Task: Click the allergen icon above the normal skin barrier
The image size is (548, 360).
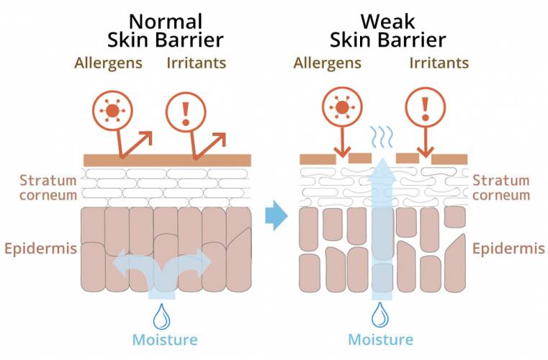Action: [112, 111]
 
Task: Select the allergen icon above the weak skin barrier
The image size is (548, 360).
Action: [342, 107]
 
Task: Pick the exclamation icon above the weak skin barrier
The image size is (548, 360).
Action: [426, 107]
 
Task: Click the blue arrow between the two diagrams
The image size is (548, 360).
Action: [276, 216]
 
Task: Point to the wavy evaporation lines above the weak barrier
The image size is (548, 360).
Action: [382, 137]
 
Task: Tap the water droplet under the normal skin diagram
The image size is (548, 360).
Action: [162, 317]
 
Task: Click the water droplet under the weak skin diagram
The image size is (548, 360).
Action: [379, 315]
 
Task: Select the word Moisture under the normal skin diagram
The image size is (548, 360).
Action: [165, 340]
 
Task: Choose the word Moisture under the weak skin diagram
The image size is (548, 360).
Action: [381, 339]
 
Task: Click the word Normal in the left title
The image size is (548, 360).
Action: [166, 22]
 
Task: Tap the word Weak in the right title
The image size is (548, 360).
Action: [387, 22]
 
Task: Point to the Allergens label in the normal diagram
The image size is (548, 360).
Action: [108, 63]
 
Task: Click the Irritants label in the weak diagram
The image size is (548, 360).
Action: [439, 63]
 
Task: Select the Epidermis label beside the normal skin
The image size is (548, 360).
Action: [40, 249]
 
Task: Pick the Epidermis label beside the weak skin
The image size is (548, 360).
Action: [508, 249]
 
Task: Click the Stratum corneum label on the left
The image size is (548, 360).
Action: [48, 188]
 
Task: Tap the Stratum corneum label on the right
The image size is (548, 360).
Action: [501, 188]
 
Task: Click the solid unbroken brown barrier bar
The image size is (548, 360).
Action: [167, 160]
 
